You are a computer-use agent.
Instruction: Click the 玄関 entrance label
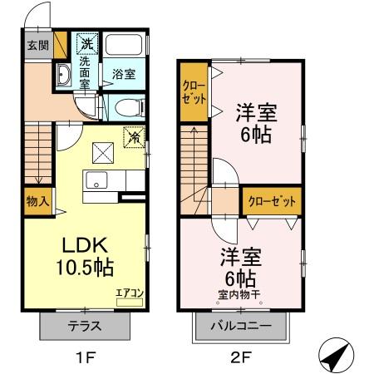tap(37, 46)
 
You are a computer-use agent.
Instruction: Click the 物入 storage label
tap(37, 200)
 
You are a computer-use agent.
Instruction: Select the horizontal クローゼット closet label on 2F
tap(271, 200)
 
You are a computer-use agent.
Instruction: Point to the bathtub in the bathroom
tap(126, 47)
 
